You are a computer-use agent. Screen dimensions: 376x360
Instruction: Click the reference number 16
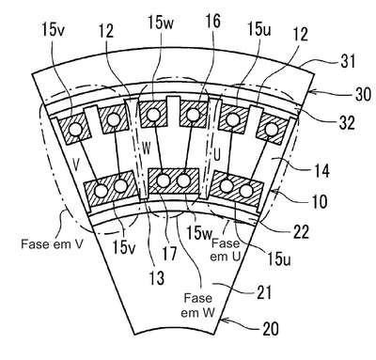[212, 22]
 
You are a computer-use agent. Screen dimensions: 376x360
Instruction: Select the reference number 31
[348, 61]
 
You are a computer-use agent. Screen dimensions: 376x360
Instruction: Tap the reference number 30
[363, 93]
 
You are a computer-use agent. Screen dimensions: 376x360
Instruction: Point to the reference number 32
[347, 122]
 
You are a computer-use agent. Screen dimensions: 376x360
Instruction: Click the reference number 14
[321, 171]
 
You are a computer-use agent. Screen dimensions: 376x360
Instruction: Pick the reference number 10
[320, 201]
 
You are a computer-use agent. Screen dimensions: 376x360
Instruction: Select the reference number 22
[301, 232]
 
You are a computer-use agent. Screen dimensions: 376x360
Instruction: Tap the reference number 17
[169, 253]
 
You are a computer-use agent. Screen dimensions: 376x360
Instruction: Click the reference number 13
[157, 277]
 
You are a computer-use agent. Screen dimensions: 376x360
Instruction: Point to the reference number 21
[264, 292]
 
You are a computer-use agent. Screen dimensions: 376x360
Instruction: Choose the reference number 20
[271, 329]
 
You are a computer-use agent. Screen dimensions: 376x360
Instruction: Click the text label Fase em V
[52, 244]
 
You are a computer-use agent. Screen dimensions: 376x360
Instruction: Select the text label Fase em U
[226, 250]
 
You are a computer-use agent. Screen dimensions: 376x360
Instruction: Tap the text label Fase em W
[197, 305]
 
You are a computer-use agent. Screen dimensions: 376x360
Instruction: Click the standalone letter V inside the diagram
[75, 164]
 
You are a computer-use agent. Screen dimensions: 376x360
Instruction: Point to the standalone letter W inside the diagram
[147, 149]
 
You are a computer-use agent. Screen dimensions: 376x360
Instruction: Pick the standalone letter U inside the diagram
[217, 155]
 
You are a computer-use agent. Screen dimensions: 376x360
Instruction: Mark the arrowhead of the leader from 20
[223, 320]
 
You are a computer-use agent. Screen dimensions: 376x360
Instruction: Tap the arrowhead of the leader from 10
[274, 190]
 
